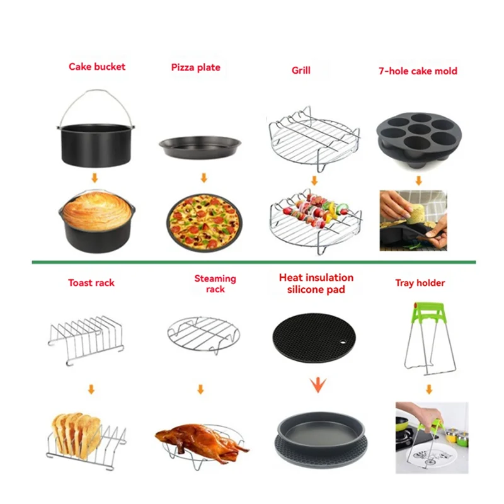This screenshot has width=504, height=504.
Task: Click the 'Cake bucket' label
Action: point(96,66)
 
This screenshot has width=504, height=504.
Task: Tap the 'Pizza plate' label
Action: point(195,67)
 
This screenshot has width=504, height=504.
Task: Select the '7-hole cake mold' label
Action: point(418,71)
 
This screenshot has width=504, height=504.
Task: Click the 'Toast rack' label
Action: point(91,283)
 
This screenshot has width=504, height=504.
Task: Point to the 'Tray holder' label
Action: point(420,283)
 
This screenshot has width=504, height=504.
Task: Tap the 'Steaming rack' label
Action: point(215,283)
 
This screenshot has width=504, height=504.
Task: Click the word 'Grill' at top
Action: point(301,71)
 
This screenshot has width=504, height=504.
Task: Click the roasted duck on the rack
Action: point(198,438)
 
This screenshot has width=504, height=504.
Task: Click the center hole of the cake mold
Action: point(418,134)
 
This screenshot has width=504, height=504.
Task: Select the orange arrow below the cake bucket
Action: point(94,178)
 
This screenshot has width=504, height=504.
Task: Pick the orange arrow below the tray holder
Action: point(429,389)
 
